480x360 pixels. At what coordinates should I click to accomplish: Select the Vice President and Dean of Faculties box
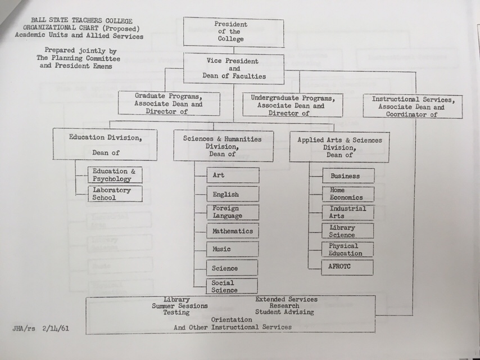point(233,68)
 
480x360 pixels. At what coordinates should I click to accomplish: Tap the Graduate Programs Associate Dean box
point(169,104)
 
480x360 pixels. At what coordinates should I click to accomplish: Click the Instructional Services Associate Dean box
point(412,106)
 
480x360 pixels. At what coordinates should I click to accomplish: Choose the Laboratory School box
point(115,194)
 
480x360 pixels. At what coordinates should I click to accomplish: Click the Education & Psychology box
point(115,175)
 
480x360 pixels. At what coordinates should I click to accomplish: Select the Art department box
point(233,175)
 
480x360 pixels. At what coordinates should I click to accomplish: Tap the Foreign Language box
point(233,212)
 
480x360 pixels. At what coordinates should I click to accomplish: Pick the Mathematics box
point(233,231)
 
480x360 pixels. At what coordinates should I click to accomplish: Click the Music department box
point(233,249)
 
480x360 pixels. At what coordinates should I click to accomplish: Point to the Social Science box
point(232,286)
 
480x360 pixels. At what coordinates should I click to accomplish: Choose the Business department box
point(348,176)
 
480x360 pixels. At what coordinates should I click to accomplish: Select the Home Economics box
point(348,194)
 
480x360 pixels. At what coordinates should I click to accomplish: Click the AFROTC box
point(347,267)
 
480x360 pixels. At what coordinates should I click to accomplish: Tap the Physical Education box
point(348,249)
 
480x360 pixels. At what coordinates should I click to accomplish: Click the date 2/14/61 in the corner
point(56,327)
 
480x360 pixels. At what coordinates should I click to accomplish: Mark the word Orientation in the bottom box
point(232,319)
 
